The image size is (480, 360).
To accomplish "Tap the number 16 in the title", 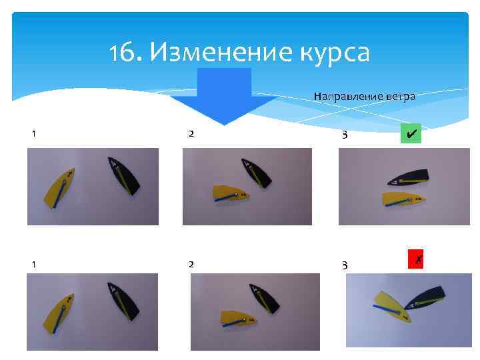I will (x=123, y=51).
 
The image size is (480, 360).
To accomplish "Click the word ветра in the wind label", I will (x=399, y=97).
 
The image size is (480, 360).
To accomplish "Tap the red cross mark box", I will (x=417, y=259).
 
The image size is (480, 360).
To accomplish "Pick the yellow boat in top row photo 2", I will (x=229, y=193).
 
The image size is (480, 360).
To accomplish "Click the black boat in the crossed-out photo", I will (x=427, y=299).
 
